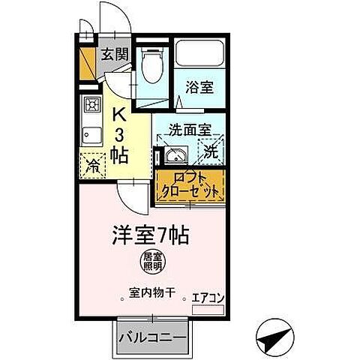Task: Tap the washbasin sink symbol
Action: [175, 155]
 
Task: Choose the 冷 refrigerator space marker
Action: [94, 163]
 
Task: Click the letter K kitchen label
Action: [118, 115]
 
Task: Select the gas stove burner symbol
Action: [92, 104]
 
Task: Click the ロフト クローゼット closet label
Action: [190, 185]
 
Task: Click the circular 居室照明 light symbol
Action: [151, 262]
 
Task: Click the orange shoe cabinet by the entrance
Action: [88, 63]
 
